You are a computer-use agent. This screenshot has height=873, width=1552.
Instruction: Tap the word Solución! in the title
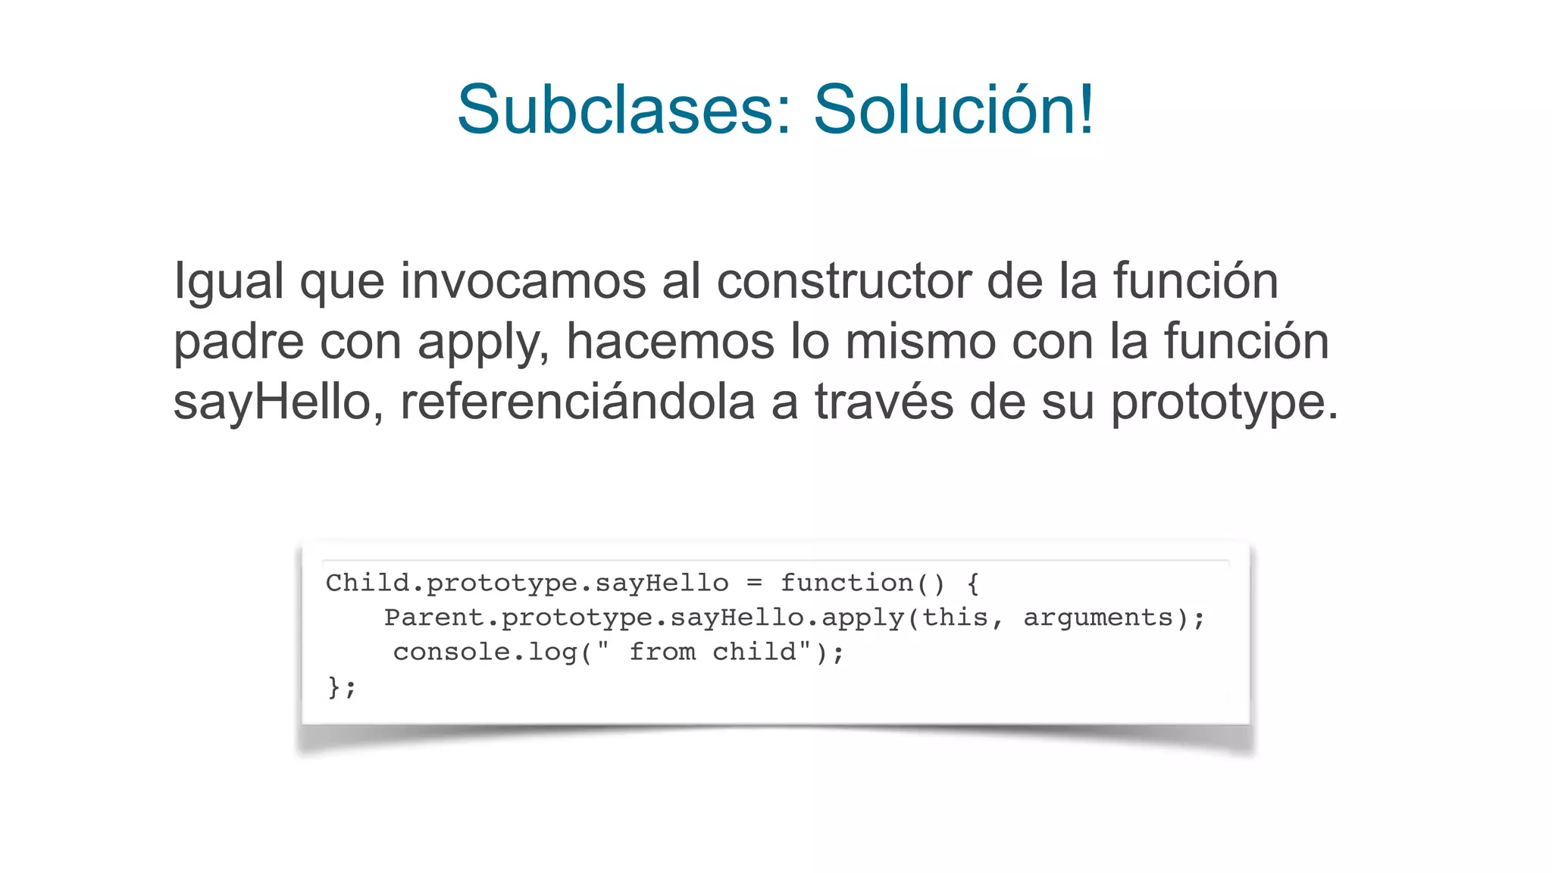(954, 110)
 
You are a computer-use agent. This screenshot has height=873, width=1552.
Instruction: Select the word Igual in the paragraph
(229, 281)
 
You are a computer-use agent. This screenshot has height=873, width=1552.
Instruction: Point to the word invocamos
(522, 281)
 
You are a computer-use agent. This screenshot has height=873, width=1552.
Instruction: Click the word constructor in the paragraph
(843, 281)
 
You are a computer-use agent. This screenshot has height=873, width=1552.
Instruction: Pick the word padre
(239, 342)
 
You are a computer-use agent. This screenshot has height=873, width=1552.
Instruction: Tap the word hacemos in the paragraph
(670, 342)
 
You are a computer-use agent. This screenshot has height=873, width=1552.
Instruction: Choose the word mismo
(920, 342)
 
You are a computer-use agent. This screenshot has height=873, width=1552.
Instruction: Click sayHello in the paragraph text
(271, 403)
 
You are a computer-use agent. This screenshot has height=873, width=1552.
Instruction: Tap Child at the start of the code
(368, 583)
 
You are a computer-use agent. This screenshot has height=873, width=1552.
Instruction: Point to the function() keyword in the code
(863, 583)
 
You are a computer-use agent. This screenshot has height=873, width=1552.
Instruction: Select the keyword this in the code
(955, 618)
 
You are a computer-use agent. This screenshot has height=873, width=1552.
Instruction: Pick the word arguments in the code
(1098, 618)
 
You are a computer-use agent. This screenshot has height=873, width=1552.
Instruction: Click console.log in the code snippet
(486, 652)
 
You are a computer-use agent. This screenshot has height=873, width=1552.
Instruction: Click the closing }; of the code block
(341, 687)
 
